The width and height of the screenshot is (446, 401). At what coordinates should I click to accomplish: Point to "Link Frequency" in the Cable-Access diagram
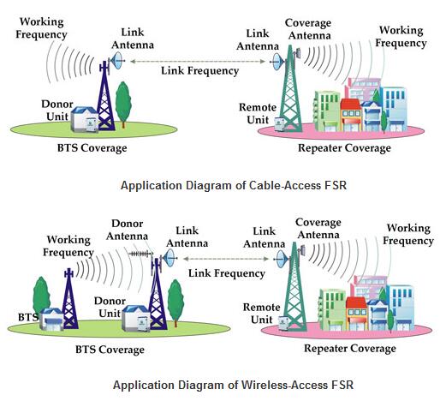(x=199, y=70)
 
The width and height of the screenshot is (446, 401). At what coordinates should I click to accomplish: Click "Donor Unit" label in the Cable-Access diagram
(x=57, y=109)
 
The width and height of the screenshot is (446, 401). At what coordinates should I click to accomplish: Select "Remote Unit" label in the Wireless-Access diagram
(x=261, y=313)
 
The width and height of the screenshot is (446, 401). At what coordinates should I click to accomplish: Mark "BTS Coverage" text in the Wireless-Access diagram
(x=110, y=349)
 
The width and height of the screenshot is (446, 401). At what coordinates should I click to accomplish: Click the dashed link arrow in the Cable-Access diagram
(x=199, y=60)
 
